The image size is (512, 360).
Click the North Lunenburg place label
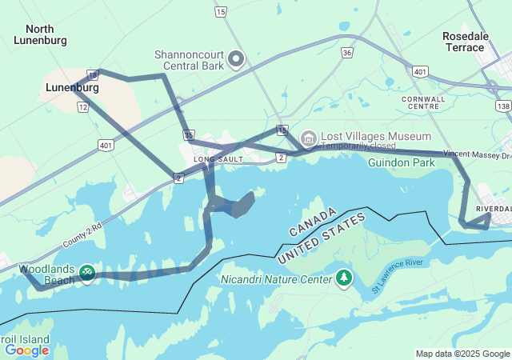pos(40,34)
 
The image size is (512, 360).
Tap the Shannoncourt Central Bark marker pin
pos(235,59)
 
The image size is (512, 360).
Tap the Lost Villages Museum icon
pos(308,139)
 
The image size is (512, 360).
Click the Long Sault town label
pos(216,160)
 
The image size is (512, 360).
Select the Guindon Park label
pos(401,162)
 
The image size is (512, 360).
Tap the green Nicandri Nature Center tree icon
pos(344,277)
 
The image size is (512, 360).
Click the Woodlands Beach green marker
pos(86,274)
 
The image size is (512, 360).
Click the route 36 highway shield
pos(346,53)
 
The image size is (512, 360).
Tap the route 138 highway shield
pos(502,106)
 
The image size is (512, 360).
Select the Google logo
pos(26,350)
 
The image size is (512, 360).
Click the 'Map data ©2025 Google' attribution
pos(462,354)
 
